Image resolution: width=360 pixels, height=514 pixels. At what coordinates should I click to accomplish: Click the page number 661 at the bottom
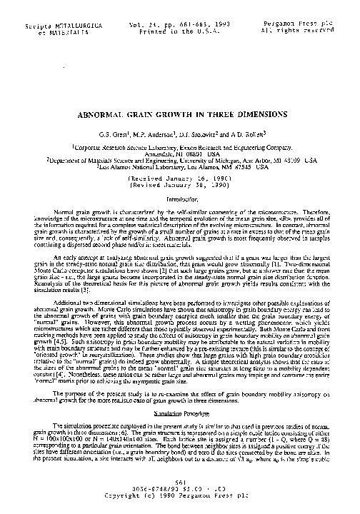(180, 482)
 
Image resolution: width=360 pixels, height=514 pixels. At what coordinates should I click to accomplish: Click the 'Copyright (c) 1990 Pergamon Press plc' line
(180, 494)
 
